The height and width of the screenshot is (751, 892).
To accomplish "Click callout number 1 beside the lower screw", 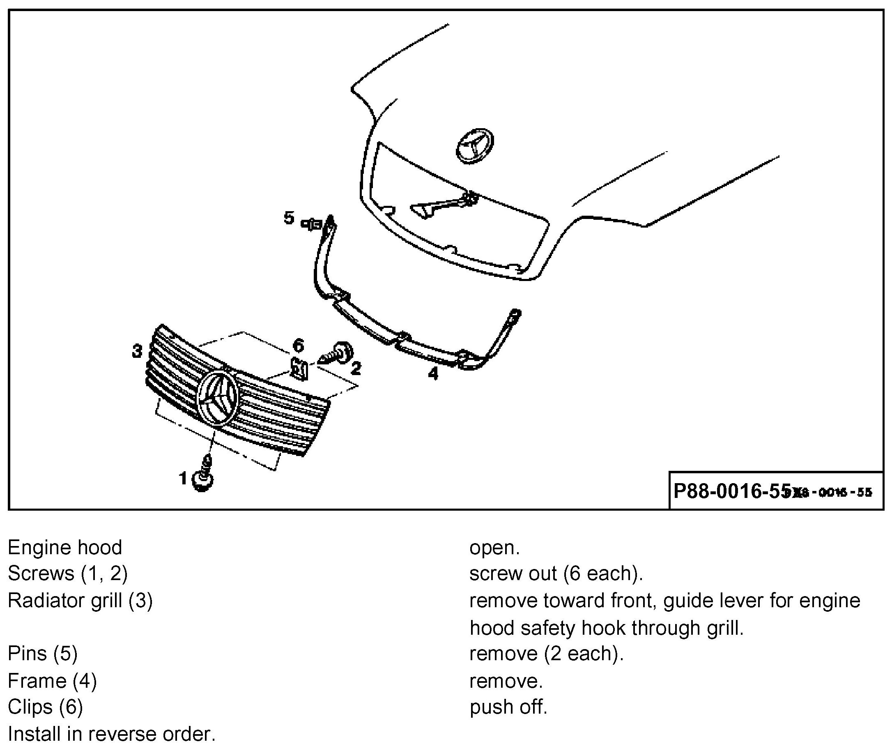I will click(x=183, y=479).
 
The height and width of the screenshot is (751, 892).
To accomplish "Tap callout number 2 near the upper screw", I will click(x=356, y=368).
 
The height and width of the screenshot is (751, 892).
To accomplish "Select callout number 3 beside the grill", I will click(x=137, y=352).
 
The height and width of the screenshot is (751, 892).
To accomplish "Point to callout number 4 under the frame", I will click(x=433, y=373).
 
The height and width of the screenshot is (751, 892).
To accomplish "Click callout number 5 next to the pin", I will click(x=289, y=218).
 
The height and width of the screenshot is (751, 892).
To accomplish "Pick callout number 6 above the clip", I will click(x=298, y=345).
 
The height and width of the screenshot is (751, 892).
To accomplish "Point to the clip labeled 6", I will click(x=300, y=368).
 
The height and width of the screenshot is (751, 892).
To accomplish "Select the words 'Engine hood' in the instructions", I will click(x=65, y=548).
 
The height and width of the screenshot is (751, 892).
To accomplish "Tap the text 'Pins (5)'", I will click(x=43, y=653).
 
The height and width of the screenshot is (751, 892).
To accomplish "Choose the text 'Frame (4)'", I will click(x=52, y=680).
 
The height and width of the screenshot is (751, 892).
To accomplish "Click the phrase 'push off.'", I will click(x=508, y=707).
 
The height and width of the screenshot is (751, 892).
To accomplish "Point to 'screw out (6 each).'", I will click(x=556, y=574).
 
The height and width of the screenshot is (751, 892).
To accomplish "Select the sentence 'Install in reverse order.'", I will click(x=112, y=734).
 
